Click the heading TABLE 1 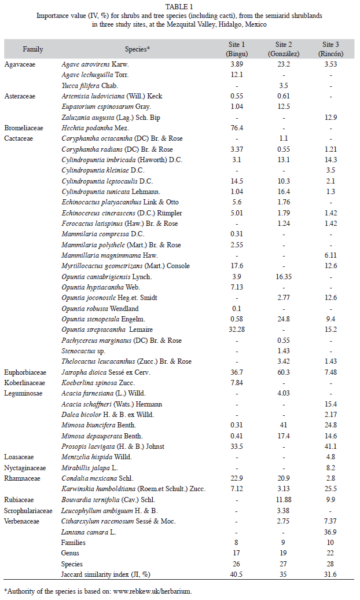[x=179, y=6]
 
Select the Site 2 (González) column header [x=284, y=49]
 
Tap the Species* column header [x=137, y=49]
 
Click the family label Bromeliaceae [x=24, y=128]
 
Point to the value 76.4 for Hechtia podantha [x=237, y=128]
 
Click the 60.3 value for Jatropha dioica [x=284, y=372]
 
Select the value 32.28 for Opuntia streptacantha [x=237, y=330]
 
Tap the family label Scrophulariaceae [x=28, y=510]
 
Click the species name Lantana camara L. [x=89, y=532]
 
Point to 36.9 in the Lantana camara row [x=330, y=532]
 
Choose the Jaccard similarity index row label [x=105, y=575]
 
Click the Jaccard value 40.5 [x=237, y=575]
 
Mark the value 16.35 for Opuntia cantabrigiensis [x=284, y=276]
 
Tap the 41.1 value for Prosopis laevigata [x=330, y=446]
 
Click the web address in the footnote [x=153, y=591]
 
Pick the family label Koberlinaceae [x=24, y=383]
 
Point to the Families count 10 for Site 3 [x=330, y=542]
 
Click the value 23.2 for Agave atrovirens [x=284, y=64]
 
